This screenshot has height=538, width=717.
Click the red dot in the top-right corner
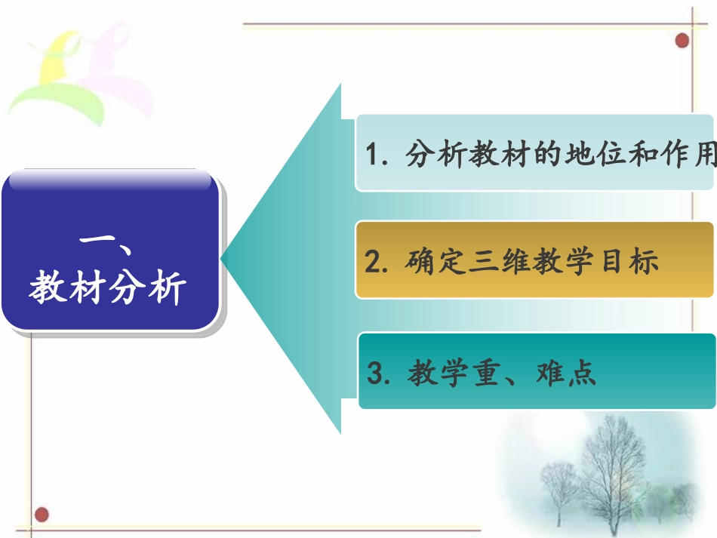click(682, 40)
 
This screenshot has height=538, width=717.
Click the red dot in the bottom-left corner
click(42, 515)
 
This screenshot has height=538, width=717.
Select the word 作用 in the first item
click(688, 155)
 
